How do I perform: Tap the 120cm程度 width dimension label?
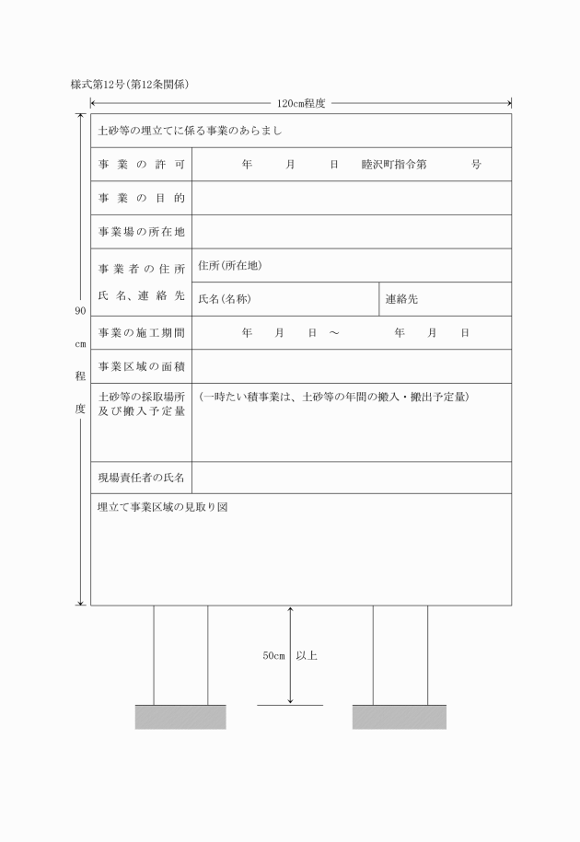[301, 104]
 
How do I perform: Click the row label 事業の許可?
[142, 165]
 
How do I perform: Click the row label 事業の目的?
[142, 198]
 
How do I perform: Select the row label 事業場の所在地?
[142, 232]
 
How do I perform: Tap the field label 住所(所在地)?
[230, 266]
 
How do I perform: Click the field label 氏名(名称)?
[225, 299]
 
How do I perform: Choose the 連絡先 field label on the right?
[401, 299]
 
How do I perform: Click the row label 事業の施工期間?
[142, 332]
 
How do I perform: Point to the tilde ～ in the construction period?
[333, 332]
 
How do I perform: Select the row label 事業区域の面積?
[142, 366]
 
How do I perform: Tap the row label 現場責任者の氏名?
[142, 478]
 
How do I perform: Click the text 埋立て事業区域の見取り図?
[163, 507]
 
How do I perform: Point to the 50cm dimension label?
[273, 656]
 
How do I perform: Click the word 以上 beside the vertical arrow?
[307, 656]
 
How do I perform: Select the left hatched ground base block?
[180, 717]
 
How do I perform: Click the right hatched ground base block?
[400, 717]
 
